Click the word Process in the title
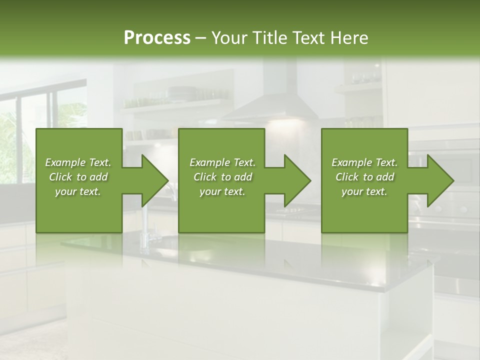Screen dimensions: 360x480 [x=157, y=37]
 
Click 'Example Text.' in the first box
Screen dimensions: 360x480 [x=78, y=162]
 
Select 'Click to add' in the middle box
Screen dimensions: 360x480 [x=222, y=177]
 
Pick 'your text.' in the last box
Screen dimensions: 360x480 [x=364, y=191]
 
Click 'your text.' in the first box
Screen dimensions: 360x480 [x=78, y=191]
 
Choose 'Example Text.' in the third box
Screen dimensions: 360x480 [x=364, y=162]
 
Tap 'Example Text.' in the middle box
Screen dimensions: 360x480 [x=222, y=162]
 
